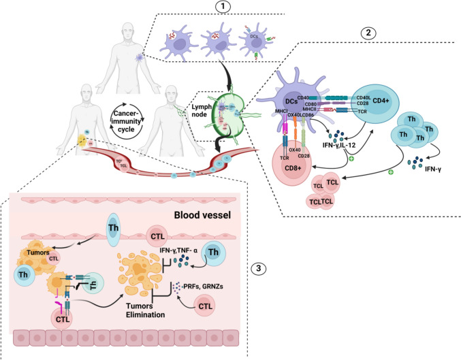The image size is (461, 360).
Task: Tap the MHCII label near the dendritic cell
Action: pos(328,109)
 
